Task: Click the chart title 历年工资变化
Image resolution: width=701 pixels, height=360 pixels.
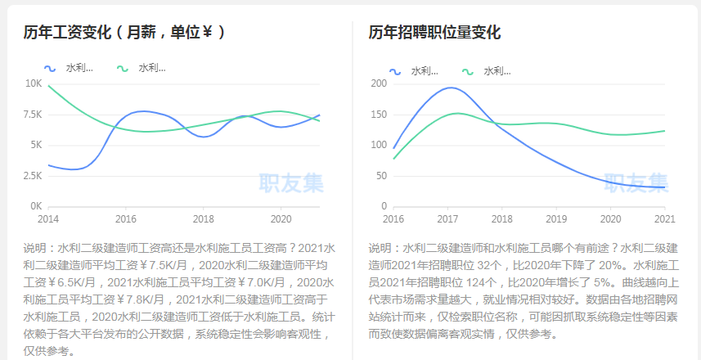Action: [69, 33]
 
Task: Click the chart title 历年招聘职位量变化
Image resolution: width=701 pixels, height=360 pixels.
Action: [434, 33]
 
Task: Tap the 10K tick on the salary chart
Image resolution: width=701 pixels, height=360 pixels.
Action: [34, 83]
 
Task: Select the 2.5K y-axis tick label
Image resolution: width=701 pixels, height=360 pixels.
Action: [32, 176]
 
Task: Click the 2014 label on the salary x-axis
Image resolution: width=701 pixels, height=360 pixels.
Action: [48, 219]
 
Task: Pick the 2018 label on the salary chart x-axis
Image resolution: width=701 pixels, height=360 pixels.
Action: [203, 219]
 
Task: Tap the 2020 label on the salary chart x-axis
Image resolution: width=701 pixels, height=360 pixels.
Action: [281, 219]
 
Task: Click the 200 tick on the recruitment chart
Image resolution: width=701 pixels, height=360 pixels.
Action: [378, 83]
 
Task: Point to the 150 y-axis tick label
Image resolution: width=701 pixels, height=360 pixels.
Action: [378, 115]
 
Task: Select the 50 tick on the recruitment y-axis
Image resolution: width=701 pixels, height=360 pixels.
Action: [380, 176]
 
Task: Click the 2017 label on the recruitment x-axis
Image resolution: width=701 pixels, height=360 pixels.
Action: [447, 219]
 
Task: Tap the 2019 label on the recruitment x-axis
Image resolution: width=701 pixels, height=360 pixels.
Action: [556, 219]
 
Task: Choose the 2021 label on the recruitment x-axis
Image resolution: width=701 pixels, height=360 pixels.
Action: [665, 219]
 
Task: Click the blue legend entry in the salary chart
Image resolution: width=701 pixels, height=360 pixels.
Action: [70, 68]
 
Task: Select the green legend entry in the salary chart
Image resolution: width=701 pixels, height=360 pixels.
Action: [142, 68]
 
